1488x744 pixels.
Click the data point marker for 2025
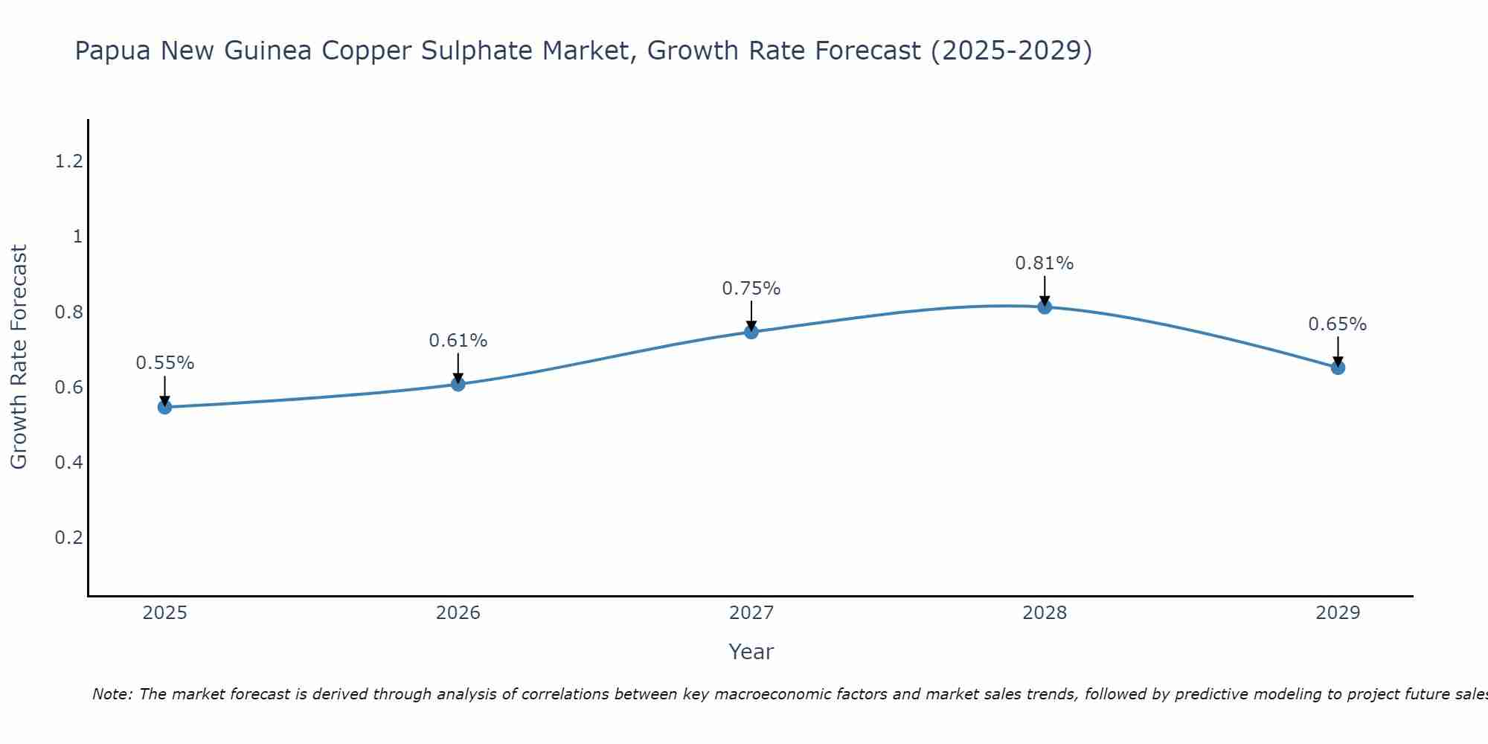click(165, 407)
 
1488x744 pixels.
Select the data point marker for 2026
click(458, 384)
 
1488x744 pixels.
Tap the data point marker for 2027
click(751, 332)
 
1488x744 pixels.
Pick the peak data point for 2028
click(1045, 307)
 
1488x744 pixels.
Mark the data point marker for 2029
click(1338, 368)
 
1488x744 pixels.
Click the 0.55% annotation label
click(165, 363)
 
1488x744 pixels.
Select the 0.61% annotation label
click(458, 341)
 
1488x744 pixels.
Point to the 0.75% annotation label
click(751, 289)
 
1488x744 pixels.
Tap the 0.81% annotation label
click(1045, 263)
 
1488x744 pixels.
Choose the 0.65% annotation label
click(1338, 324)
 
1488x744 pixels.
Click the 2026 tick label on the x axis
click(458, 613)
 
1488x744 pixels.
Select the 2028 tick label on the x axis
click(1045, 613)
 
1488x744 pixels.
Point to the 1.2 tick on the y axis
click(68, 161)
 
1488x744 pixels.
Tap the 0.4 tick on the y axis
click(68, 463)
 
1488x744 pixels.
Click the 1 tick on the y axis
click(77, 237)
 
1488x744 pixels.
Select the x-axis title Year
click(751, 652)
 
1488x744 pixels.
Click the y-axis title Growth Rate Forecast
click(19, 357)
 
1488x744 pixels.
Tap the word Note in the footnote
click(112, 694)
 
